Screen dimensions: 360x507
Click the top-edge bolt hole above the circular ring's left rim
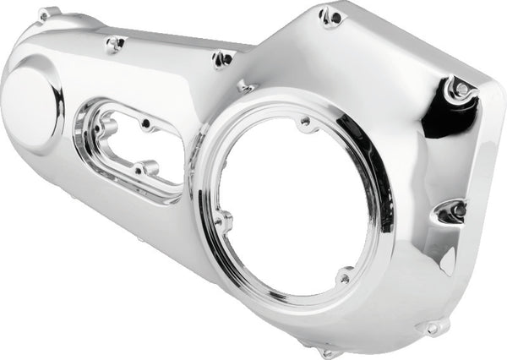click(224, 59)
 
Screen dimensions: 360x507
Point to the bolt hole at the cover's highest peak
click(331, 16)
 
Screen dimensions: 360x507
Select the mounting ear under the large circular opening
click(327, 347)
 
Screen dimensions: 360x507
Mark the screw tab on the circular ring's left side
click(225, 222)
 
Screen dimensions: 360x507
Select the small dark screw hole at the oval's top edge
click(149, 126)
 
